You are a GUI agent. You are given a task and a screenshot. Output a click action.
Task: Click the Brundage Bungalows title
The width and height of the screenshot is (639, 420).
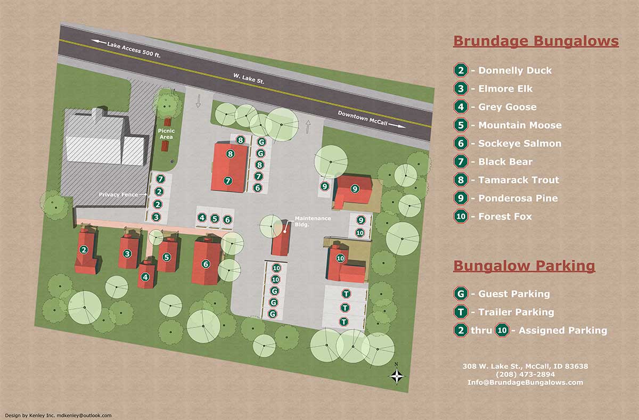pyautogui.click(x=536, y=41)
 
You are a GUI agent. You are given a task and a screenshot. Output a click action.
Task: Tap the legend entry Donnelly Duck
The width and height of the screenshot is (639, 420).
pyautogui.click(x=514, y=70)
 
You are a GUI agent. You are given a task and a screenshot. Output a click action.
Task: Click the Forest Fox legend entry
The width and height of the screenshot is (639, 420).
pyautogui.click(x=505, y=217)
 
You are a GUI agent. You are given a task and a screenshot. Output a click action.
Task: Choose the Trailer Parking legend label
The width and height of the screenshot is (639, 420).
pyautogui.click(x=515, y=312)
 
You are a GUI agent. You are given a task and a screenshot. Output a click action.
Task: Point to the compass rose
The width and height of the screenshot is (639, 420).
pyautogui.click(x=397, y=375)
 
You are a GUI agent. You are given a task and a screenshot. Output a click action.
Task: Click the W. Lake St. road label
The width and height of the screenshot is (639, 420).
pyautogui.click(x=249, y=81)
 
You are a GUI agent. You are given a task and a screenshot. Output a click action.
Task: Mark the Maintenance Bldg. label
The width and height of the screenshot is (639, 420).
pyautogui.click(x=313, y=221)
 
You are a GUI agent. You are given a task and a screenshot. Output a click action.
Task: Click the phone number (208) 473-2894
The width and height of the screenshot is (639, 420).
pyautogui.click(x=525, y=374)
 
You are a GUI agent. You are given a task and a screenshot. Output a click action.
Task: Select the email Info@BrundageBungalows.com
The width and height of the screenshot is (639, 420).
pyautogui.click(x=525, y=382)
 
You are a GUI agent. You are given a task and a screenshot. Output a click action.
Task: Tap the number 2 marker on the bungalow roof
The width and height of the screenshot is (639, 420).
pyautogui.click(x=84, y=250)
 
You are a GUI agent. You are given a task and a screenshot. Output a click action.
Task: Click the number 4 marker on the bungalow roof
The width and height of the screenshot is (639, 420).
pyautogui.click(x=145, y=276)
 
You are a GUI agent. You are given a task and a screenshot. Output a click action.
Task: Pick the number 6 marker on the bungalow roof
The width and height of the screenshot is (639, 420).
pyautogui.click(x=206, y=263)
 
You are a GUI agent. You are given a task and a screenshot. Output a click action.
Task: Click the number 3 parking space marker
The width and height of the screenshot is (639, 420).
pyautogui.click(x=156, y=217)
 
